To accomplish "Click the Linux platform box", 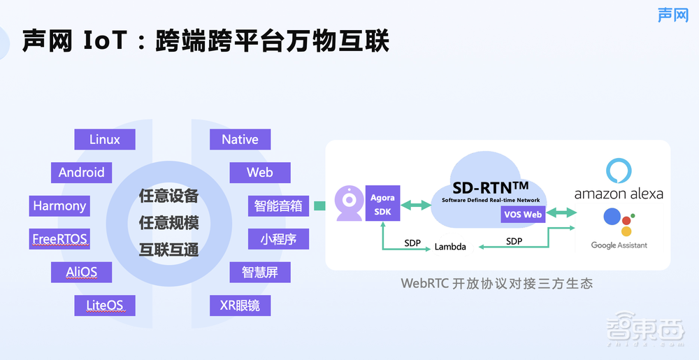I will coord(105,139).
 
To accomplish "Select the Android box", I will coord(82,173).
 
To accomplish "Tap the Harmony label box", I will coord(59,206).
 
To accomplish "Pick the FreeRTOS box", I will coord(59,239).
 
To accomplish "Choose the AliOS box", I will coord(82,272).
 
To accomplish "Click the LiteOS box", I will coord(105,305).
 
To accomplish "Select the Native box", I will coord(240,139).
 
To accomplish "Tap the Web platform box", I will coord(259,173).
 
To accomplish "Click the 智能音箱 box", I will coord(278,206).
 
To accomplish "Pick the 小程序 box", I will coord(278,239).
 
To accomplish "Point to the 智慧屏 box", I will coord(260,272).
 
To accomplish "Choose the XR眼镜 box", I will coord(240,305).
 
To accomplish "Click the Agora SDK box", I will coord(382,204).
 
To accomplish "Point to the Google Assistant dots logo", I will coord(618,222).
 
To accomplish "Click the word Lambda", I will coord(450,247).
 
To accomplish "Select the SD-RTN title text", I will coord(490,187).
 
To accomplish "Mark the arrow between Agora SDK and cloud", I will coord(416,205).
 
